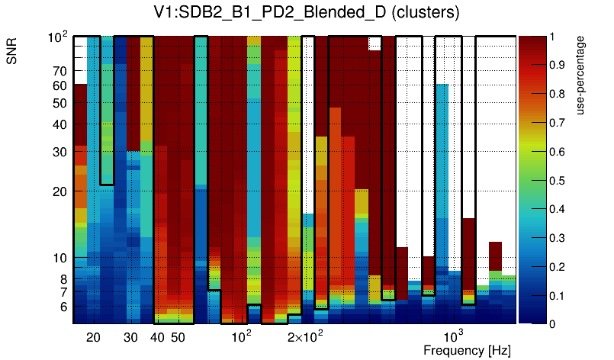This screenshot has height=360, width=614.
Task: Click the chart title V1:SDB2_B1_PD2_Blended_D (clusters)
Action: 306,14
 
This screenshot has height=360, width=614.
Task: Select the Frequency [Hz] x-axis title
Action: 467,351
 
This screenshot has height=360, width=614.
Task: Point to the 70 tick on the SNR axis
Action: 59,71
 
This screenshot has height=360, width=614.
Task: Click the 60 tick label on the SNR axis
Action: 59,86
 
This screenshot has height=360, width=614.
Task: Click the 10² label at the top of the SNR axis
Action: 57,36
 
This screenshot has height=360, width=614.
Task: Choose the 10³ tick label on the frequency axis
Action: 454,336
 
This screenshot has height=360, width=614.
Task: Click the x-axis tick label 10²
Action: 241,336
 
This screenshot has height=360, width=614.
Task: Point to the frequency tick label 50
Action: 178,337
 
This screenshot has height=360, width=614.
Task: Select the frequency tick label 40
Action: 157,337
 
